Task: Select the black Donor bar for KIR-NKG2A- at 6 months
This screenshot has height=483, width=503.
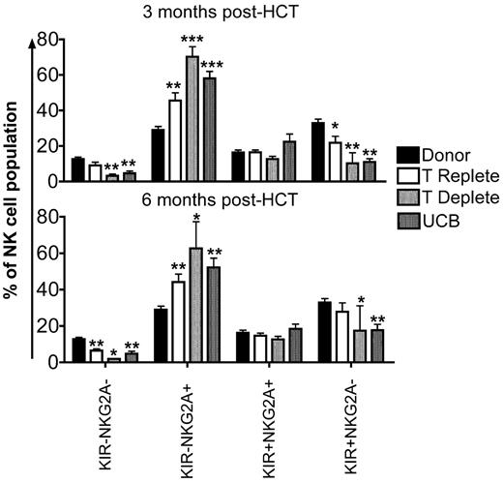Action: tap(78, 348)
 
